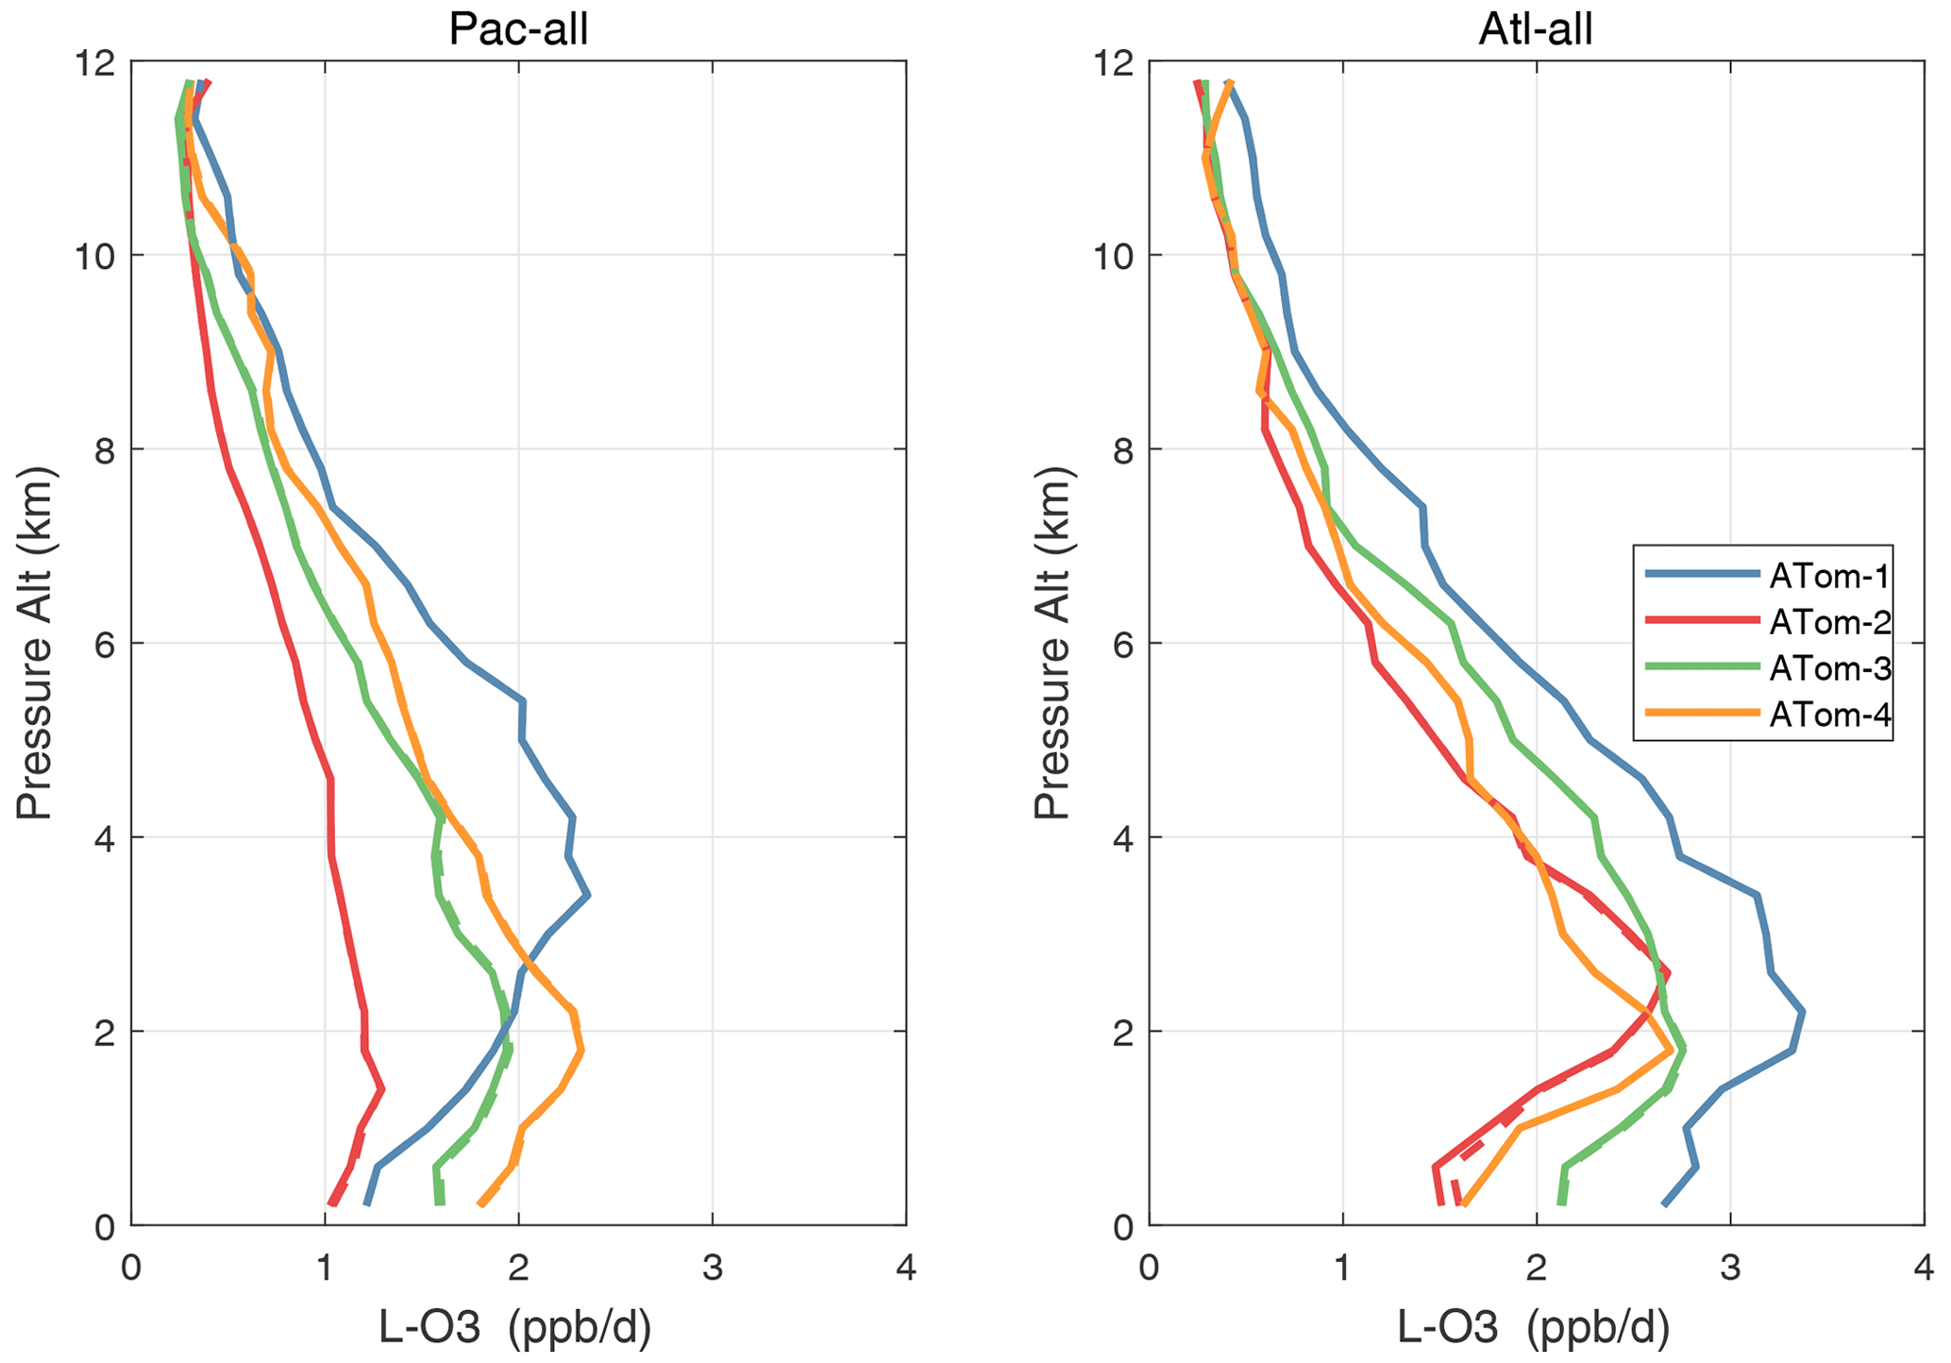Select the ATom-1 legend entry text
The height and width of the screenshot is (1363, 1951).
click(x=1829, y=576)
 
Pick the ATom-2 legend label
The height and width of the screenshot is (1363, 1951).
click(x=1829, y=622)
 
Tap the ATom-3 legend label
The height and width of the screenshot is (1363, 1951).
click(x=1829, y=668)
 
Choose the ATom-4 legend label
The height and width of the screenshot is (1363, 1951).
click(x=1829, y=715)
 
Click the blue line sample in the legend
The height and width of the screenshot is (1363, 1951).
click(x=1701, y=574)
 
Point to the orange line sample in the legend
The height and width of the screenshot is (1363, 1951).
click(x=1701, y=714)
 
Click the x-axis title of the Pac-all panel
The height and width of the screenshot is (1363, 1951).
click(x=515, y=1328)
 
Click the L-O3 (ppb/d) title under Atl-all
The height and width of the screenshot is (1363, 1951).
click(x=1534, y=1328)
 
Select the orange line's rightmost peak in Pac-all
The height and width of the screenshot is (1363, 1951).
click(x=582, y=1050)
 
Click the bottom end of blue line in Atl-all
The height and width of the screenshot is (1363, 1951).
click(x=1664, y=1203)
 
